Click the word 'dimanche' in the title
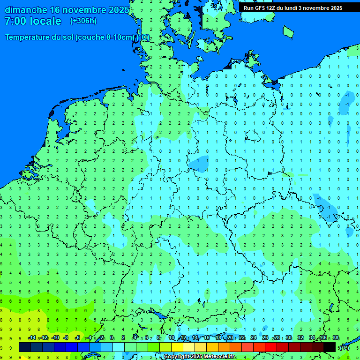pos(26,10)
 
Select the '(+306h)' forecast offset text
pos(83,21)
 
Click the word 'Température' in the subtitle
pos(30,37)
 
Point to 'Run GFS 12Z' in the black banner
pos(260,8)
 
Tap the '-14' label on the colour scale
pos(32,338)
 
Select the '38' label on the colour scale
pos(336,338)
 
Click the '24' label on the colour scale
pos(254,338)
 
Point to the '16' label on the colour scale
pos(207,338)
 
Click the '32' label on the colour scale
pos(300,338)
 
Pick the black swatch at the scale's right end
pos(330,347)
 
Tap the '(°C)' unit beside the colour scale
pos(345,348)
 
